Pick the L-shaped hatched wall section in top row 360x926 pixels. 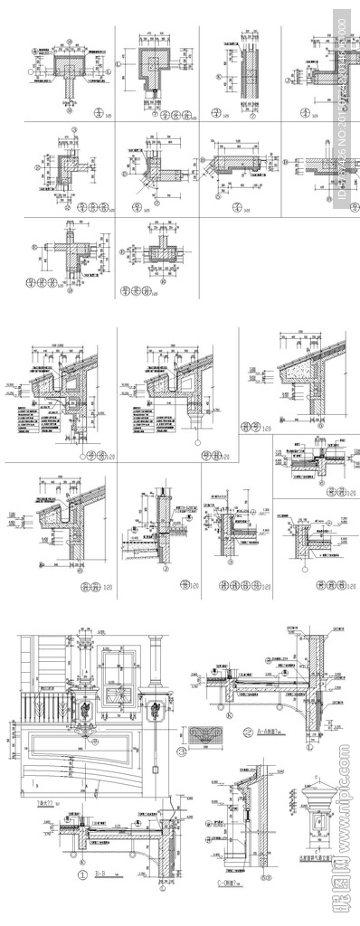coord(152,65)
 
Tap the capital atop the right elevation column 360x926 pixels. coord(156,647)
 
